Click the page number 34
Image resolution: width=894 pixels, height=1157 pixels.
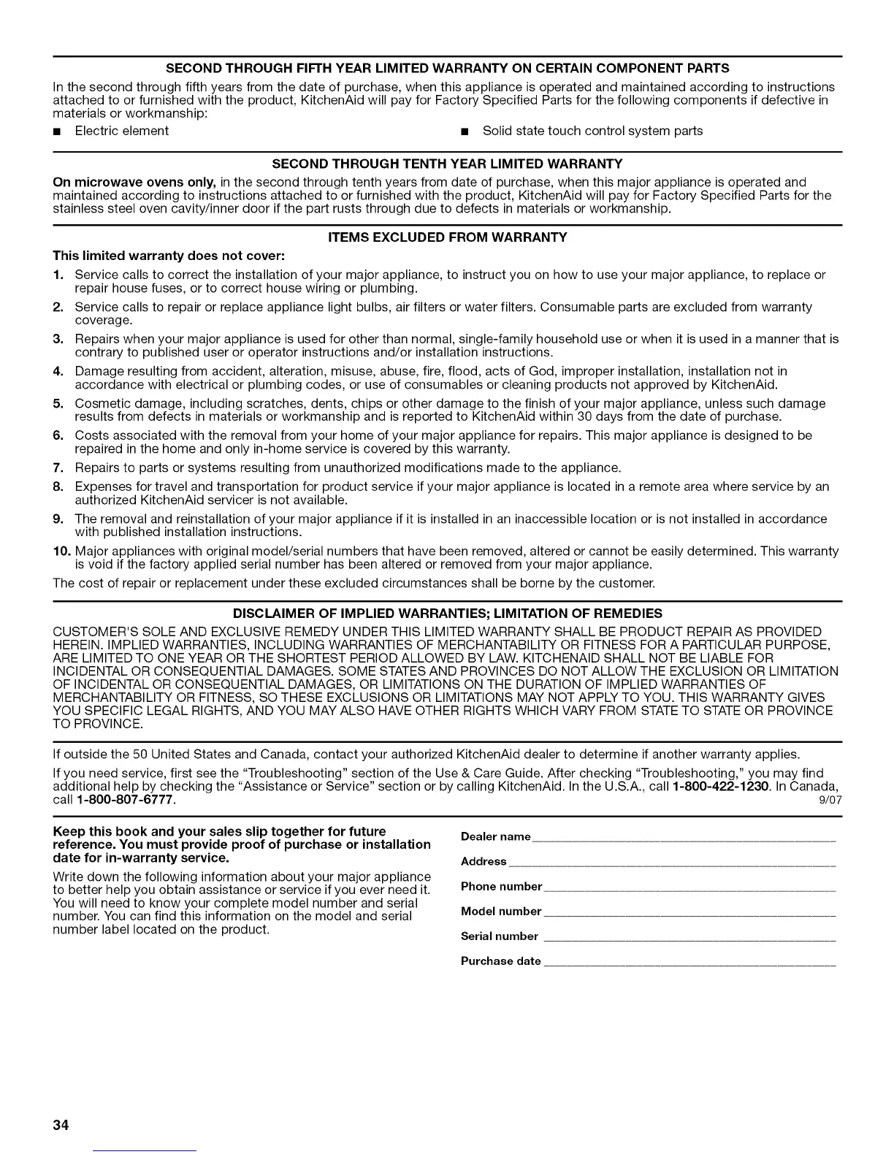(60, 1126)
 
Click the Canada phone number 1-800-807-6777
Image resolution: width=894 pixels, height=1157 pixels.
(125, 800)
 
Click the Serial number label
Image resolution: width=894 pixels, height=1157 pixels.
(500, 936)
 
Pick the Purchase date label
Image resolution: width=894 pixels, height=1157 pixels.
(501, 961)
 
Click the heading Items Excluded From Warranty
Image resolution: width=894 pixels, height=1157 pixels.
(448, 237)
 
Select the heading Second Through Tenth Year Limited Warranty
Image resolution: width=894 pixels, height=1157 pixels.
(447, 162)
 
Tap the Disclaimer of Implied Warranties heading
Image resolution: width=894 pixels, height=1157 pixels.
(447, 614)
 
